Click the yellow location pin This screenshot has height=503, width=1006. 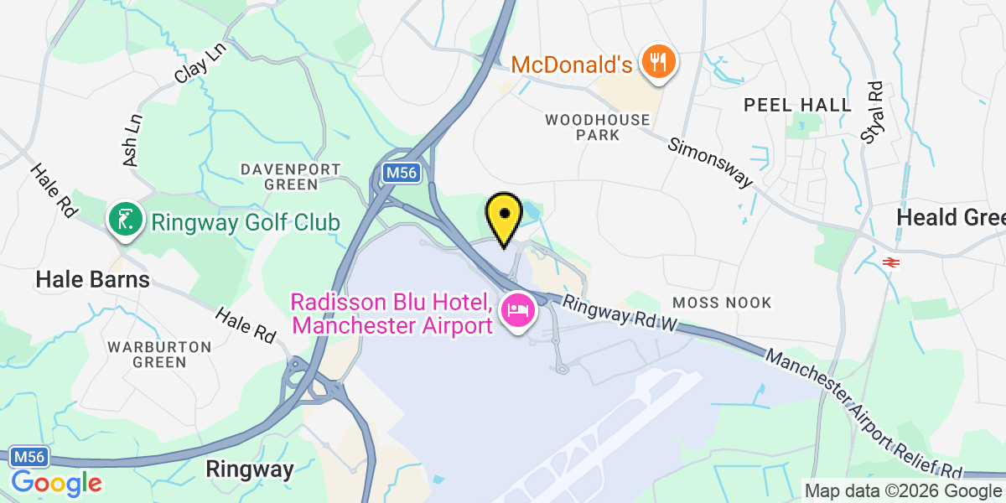click(504, 215)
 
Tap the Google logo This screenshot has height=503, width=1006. click(56, 484)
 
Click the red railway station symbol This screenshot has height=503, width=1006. click(890, 262)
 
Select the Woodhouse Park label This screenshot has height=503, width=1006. click(598, 127)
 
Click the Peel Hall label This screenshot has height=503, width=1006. click(798, 105)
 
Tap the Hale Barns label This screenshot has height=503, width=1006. click(92, 279)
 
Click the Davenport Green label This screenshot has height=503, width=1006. click(279, 175)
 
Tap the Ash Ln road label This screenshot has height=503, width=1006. click(132, 139)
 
